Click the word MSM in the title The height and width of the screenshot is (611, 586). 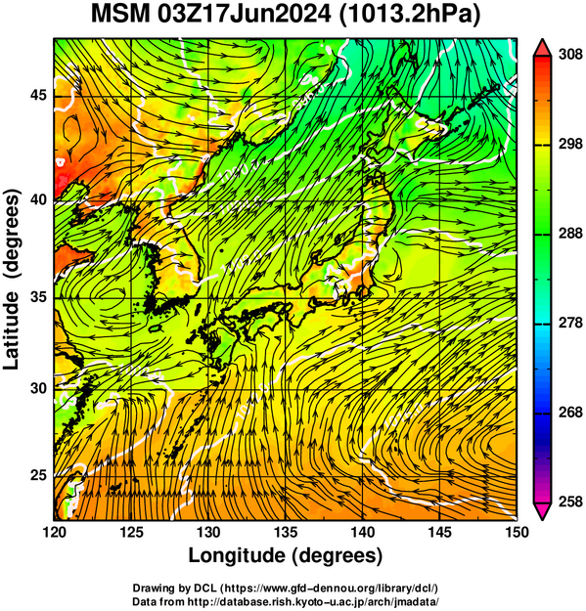pos(120,15)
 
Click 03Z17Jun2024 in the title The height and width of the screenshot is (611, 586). pos(245,15)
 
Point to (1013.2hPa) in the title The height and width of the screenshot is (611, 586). pos(410,16)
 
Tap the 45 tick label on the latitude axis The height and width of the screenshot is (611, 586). pos(38,95)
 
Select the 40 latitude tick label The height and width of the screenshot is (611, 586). pos(38,199)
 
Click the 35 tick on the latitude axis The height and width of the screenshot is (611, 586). pos(38,297)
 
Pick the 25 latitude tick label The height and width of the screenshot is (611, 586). pos(38,475)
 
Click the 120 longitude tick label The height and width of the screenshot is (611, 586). pos(54,532)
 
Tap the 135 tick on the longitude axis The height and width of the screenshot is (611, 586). pos(286,532)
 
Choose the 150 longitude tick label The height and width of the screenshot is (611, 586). pos(517,532)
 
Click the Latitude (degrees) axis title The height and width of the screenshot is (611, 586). pos(12,280)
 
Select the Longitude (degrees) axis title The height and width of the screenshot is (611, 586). pos(286,555)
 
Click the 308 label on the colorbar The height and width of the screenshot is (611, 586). pos(570,55)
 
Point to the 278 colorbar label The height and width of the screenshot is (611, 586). pos(570,323)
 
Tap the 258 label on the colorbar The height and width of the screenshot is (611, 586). pos(570,502)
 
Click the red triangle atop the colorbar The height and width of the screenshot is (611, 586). pos(542,49)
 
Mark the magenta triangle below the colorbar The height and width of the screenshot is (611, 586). pos(542,511)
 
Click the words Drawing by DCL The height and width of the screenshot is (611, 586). pos(174,588)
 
